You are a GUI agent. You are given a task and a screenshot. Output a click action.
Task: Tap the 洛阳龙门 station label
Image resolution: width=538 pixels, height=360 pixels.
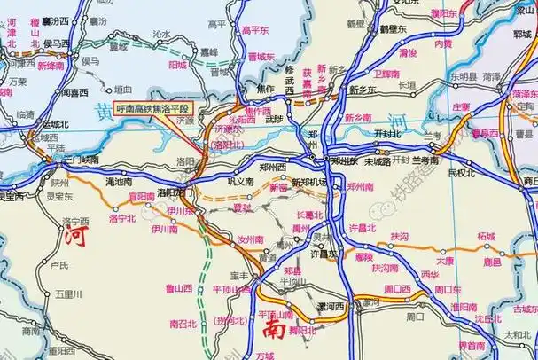pos(175,192)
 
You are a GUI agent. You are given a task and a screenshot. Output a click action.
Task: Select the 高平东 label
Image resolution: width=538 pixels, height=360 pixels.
pos(256,29)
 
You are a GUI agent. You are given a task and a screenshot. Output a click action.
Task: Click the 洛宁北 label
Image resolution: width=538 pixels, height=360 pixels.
pos(122,218)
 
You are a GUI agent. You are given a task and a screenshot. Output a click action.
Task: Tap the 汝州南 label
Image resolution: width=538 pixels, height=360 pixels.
pos(251,239)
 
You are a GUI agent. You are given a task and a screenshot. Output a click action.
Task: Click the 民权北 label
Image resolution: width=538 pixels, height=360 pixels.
pos(461,173)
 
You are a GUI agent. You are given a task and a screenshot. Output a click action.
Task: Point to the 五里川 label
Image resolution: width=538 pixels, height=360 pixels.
pos(68,293)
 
